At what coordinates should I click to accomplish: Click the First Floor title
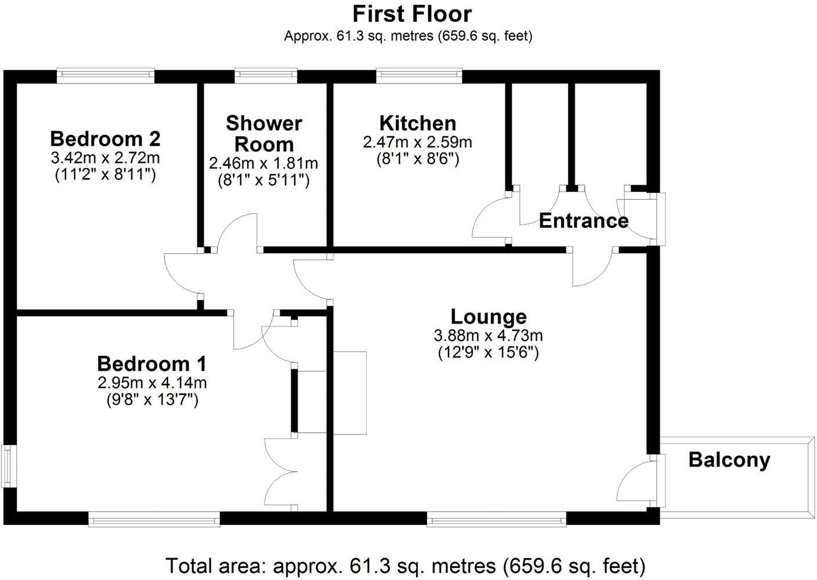pyautogui.click(x=412, y=14)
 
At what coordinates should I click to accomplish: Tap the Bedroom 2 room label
pyautogui.click(x=105, y=139)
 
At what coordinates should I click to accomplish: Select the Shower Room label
pyautogui.click(x=264, y=133)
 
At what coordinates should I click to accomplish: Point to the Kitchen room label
pyautogui.click(x=417, y=123)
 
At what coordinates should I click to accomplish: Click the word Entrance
pyautogui.click(x=583, y=221)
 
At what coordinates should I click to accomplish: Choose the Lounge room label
pyautogui.click(x=489, y=317)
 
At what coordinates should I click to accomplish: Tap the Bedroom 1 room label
pyautogui.click(x=151, y=364)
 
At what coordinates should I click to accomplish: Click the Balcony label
pyautogui.click(x=729, y=460)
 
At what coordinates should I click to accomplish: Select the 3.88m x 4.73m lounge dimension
pyautogui.click(x=489, y=335)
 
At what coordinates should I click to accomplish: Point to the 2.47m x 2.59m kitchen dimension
pyautogui.click(x=417, y=142)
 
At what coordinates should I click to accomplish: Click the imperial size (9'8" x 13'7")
pyautogui.click(x=152, y=400)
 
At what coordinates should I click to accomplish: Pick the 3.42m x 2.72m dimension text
pyautogui.click(x=106, y=157)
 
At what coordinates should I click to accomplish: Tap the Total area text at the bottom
pyautogui.click(x=405, y=565)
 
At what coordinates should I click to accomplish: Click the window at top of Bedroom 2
pyautogui.click(x=106, y=74)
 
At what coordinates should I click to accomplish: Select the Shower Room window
pyautogui.click(x=266, y=74)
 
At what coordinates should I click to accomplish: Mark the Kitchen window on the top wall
pyautogui.click(x=419, y=74)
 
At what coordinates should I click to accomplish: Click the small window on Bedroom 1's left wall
pyautogui.click(x=7, y=466)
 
